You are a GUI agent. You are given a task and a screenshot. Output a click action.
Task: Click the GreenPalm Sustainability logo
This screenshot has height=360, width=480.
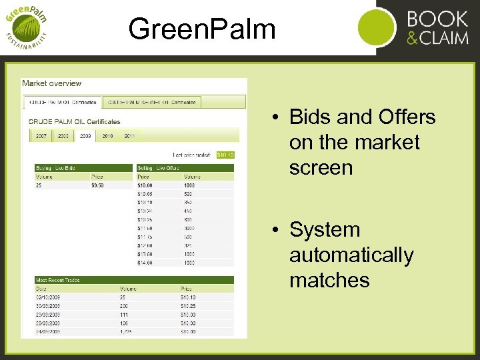[x=27, y=27]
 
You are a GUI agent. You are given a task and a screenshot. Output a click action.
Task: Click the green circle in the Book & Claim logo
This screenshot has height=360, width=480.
[x=377, y=28]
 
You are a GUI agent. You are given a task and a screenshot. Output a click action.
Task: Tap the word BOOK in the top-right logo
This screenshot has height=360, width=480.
[x=437, y=18]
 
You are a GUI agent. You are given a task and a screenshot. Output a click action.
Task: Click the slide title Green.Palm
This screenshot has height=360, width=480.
[x=202, y=29]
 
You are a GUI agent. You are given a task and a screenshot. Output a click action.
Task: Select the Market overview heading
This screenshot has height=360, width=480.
[x=51, y=83]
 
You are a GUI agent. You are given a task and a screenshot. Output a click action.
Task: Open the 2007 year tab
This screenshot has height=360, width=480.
[x=41, y=136]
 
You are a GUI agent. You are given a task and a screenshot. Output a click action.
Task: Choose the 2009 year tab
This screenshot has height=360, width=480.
[x=85, y=136]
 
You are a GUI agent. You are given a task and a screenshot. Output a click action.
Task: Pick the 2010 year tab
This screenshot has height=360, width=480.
[x=107, y=136]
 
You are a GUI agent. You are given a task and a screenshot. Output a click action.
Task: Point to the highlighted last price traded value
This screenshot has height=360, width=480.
[x=225, y=155]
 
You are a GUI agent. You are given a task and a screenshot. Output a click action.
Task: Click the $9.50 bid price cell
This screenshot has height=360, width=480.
[x=98, y=185]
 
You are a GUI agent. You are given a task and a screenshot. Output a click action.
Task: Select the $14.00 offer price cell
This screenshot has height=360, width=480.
[x=145, y=263]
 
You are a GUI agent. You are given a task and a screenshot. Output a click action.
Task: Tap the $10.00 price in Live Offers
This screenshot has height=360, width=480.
[x=145, y=185]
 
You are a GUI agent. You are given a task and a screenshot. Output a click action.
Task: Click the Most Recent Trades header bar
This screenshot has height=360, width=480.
[x=134, y=280]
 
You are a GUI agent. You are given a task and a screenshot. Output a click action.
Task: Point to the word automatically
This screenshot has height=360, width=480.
[x=351, y=255]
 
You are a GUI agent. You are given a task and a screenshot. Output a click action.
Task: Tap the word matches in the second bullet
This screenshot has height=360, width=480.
[x=329, y=280]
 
